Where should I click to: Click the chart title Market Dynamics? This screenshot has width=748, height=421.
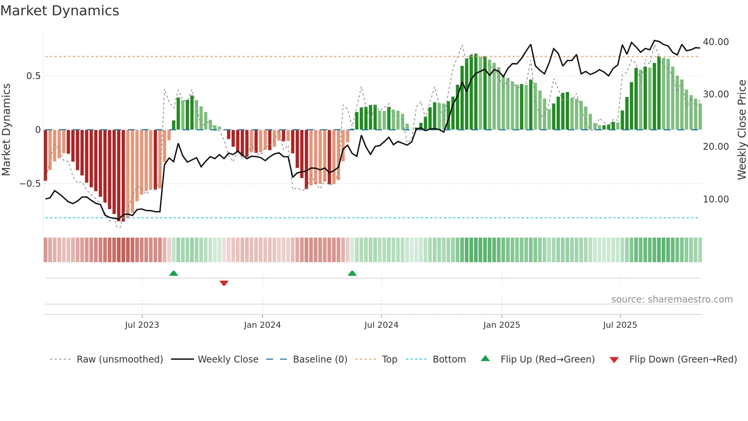(60, 11)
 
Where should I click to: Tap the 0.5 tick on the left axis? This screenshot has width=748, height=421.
(33, 76)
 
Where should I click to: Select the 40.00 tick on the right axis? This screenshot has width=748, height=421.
(716, 42)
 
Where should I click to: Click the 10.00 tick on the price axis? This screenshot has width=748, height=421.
(716, 199)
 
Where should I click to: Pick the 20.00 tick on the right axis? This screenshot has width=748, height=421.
(716, 147)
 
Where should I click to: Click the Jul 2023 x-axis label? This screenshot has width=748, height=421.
(142, 325)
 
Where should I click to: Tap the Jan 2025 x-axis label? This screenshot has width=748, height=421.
(501, 325)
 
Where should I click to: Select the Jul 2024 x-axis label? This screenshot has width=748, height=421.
(381, 325)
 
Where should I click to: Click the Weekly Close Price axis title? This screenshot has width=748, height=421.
(742, 130)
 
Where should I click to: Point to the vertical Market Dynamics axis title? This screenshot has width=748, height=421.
(6, 130)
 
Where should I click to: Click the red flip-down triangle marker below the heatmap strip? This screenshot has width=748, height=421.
(224, 283)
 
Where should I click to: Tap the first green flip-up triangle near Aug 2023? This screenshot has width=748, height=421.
(174, 273)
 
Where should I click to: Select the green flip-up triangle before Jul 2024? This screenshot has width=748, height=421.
(352, 273)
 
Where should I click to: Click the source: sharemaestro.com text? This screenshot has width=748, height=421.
(672, 300)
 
